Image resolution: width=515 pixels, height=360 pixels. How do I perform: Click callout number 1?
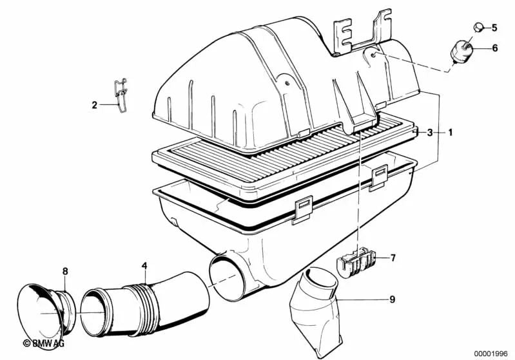[451, 133]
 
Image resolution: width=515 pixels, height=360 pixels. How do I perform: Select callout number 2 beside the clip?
[95, 106]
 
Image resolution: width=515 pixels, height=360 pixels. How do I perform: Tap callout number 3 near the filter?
[430, 133]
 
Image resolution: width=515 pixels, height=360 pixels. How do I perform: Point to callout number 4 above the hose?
[144, 266]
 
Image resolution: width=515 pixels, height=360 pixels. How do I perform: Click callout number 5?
[494, 28]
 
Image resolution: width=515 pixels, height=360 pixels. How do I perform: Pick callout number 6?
[494, 48]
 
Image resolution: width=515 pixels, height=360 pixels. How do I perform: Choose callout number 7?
[393, 258]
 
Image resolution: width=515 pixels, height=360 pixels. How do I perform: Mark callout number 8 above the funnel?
[65, 271]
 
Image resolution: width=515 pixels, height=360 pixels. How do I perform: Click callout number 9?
[392, 299]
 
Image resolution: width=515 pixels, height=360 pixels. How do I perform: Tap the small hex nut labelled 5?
[478, 28]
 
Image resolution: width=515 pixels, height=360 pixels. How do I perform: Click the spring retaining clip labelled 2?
[121, 95]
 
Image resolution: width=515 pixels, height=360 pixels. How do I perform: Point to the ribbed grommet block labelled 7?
[355, 261]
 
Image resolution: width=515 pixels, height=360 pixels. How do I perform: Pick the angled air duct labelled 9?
[314, 312]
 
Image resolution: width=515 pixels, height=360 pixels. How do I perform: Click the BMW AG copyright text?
[44, 343]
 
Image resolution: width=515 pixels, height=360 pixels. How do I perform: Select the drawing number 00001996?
[491, 354]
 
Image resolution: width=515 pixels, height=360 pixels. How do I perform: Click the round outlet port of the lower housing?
[226, 278]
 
